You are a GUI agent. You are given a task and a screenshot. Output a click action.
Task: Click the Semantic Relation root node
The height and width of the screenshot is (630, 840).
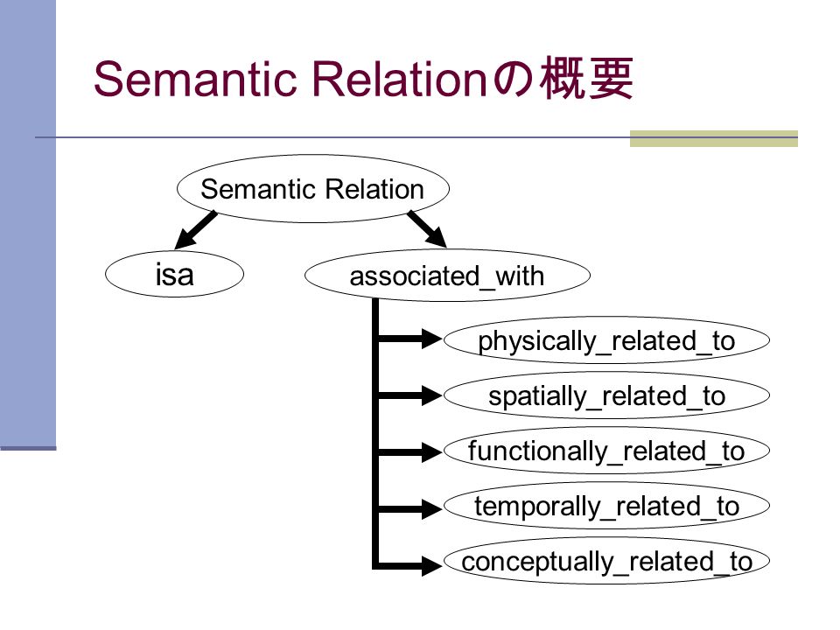click(313, 189)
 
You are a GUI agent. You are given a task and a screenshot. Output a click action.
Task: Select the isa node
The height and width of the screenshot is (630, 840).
click(175, 274)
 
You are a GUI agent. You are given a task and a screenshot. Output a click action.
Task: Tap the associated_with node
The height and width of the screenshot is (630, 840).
click(447, 276)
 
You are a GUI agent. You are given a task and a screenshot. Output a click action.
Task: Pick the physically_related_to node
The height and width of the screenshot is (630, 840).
click(606, 340)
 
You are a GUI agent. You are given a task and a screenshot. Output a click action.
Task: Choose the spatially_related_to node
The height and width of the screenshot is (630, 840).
click(606, 395)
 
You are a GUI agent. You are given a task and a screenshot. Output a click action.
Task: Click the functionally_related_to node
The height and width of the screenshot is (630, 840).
click(606, 451)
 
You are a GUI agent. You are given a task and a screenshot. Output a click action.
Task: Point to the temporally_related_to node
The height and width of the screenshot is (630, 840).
click(606, 506)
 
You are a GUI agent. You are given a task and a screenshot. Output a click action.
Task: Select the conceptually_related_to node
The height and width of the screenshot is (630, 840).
click(606, 561)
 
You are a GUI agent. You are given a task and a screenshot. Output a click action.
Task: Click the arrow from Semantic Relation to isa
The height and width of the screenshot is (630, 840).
click(195, 230)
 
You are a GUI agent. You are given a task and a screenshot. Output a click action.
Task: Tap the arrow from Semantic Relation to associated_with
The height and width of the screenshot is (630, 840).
click(427, 229)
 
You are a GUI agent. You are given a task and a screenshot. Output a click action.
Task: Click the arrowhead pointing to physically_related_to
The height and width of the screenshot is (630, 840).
click(431, 339)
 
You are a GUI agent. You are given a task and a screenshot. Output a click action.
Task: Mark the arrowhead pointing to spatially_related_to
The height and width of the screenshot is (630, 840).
click(431, 395)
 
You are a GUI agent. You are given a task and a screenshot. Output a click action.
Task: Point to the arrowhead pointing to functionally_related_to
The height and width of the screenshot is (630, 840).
click(431, 452)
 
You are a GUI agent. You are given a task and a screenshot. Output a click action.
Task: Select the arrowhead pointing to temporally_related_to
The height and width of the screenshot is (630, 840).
click(431, 508)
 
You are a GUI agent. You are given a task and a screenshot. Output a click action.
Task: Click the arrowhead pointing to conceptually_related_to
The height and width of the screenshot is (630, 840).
click(431, 565)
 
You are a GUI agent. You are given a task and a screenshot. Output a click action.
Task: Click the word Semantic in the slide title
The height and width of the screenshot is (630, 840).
click(195, 79)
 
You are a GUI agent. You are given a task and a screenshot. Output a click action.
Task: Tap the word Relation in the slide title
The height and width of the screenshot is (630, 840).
click(399, 79)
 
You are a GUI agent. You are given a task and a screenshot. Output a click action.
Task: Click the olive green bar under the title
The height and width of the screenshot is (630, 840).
click(714, 138)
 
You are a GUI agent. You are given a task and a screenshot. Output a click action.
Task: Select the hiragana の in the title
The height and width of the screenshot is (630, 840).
click(513, 80)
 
